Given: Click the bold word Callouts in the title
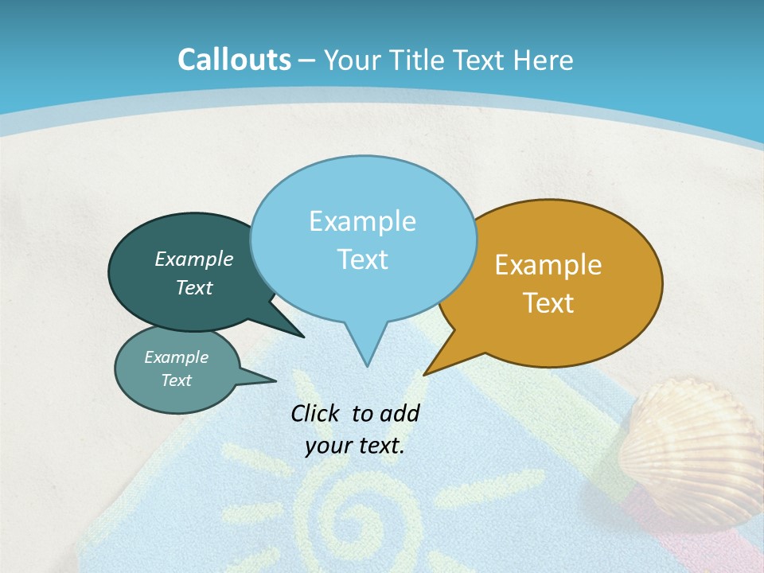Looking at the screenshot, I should click(x=234, y=60).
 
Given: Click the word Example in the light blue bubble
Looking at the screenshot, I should click(x=362, y=221).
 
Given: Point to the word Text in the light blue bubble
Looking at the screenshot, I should click(x=362, y=259).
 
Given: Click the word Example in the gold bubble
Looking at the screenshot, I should click(x=548, y=265).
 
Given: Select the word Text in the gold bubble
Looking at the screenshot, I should click(x=548, y=303).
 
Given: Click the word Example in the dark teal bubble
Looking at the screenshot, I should click(x=193, y=259).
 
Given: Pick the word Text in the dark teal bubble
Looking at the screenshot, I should click(x=193, y=288).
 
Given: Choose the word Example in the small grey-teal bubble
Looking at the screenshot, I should click(x=176, y=357).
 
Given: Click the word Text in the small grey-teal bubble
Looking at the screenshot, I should click(x=176, y=380).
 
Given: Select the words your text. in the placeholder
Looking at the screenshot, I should click(x=355, y=446).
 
